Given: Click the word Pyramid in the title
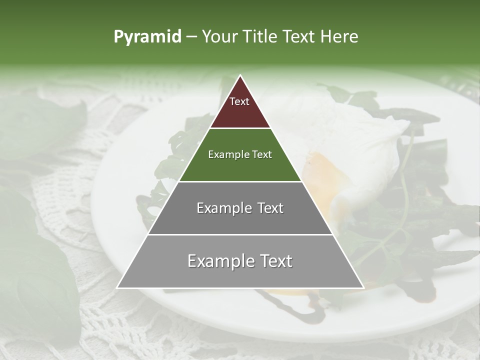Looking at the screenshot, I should [x=147, y=37].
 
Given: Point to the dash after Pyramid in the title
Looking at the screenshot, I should [x=191, y=37].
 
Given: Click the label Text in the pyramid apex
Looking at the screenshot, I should [x=239, y=101].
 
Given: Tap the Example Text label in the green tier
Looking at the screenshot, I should [x=240, y=154].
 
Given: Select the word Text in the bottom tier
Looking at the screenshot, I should [x=274, y=261].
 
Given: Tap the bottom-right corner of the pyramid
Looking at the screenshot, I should [x=363, y=287].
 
